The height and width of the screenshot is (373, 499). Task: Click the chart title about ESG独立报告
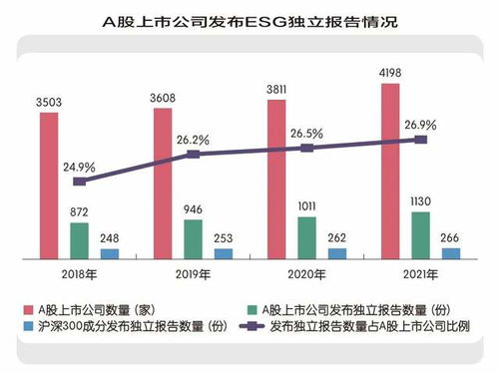tap(249, 19)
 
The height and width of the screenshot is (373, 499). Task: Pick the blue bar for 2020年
tap(337, 253)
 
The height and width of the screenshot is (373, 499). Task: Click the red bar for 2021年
tap(392, 171)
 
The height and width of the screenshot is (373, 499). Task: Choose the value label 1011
tap(307, 205)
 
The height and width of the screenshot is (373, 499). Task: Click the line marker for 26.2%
tap(194, 155)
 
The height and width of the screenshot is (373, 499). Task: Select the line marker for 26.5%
tap(307, 148)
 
